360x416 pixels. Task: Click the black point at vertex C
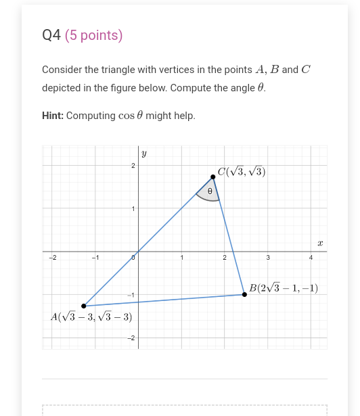(x=213, y=177)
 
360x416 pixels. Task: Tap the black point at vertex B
(x=244, y=294)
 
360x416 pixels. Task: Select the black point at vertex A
(x=83, y=306)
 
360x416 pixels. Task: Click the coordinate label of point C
(x=242, y=172)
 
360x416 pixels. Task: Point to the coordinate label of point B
(x=284, y=289)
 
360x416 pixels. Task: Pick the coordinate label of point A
(x=91, y=317)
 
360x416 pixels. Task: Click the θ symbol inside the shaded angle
(x=210, y=191)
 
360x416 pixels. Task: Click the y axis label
(x=144, y=154)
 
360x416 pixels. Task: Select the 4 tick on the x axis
(x=311, y=258)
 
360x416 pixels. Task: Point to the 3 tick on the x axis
(x=268, y=258)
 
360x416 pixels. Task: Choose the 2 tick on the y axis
(x=133, y=166)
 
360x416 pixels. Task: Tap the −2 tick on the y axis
(x=132, y=338)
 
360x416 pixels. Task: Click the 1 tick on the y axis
(x=133, y=208)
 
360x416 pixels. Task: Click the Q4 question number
(x=51, y=36)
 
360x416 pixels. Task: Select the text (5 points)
(x=94, y=36)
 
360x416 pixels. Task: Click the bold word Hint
(x=52, y=116)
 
